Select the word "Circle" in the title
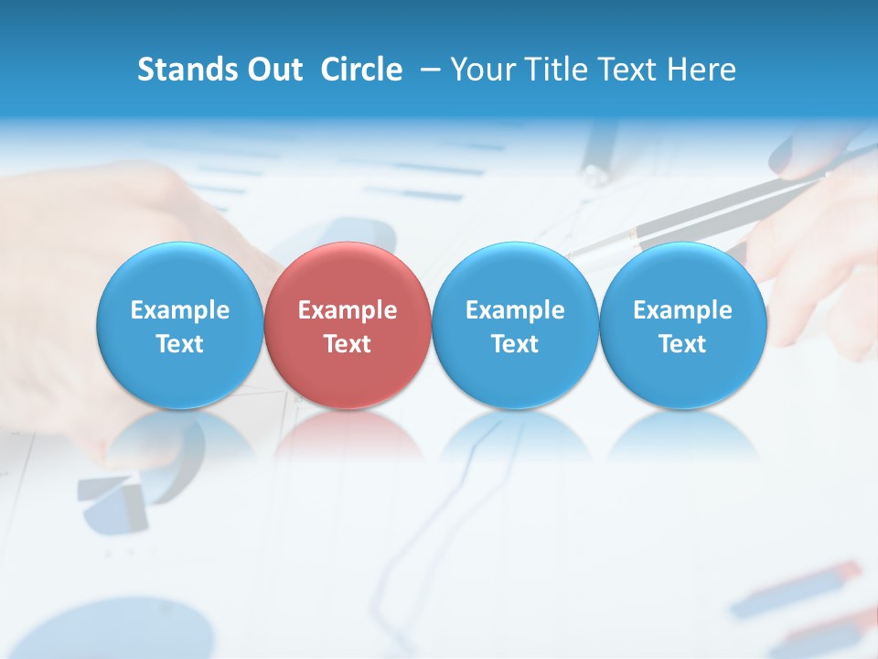point(361,70)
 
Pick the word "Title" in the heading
point(556,70)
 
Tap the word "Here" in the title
point(703,70)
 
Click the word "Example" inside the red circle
point(348,310)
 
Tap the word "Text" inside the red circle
point(348,344)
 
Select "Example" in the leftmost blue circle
point(180,310)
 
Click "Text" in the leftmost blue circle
point(180,344)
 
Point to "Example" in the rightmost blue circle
point(683,310)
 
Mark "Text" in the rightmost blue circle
point(683,344)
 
